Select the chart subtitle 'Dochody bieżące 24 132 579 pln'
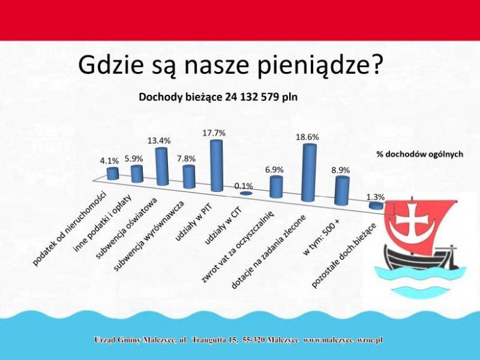click(218, 97)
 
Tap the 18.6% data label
click(307, 137)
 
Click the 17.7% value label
click(214, 133)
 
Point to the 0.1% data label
click(244, 185)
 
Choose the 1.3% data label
click(375, 197)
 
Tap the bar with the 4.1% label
click(113, 173)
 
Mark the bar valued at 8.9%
click(342, 191)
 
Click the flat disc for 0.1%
click(245, 194)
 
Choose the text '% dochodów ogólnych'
click(420, 154)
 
